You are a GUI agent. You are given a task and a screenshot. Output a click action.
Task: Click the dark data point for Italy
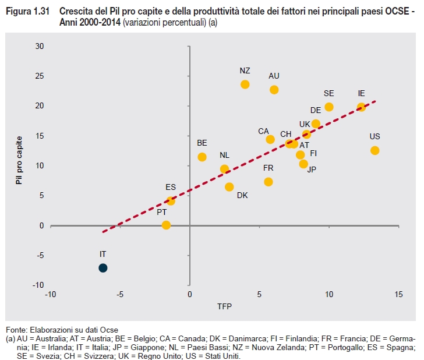click(103, 268)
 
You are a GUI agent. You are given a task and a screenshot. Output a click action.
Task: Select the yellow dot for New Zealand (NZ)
click(245, 84)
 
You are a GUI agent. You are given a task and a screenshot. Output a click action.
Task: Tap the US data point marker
click(375, 150)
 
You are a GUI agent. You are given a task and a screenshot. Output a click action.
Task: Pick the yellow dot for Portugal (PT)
click(166, 225)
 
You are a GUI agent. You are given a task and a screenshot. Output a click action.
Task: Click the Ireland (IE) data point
click(361, 107)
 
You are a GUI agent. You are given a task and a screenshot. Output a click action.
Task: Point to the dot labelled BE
click(202, 157)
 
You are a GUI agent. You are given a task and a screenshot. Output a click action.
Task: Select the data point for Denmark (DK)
click(229, 187)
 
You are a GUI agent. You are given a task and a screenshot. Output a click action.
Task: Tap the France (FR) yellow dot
click(268, 182)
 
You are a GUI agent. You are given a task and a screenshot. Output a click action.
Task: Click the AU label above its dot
click(274, 76)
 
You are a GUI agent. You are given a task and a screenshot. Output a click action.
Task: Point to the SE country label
click(329, 93)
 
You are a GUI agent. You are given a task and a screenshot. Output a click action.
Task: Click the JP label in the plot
click(312, 170)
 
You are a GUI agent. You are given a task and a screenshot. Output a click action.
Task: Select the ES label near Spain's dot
click(171, 188)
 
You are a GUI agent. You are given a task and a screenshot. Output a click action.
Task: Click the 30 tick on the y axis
click(40, 46)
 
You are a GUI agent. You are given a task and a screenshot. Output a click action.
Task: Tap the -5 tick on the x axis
click(120, 295)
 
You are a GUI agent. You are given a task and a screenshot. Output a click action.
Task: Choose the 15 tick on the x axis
click(398, 295)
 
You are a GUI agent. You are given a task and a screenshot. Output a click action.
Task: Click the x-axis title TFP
click(224, 307)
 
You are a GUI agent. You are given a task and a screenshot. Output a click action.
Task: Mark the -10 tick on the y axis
click(38, 285)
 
